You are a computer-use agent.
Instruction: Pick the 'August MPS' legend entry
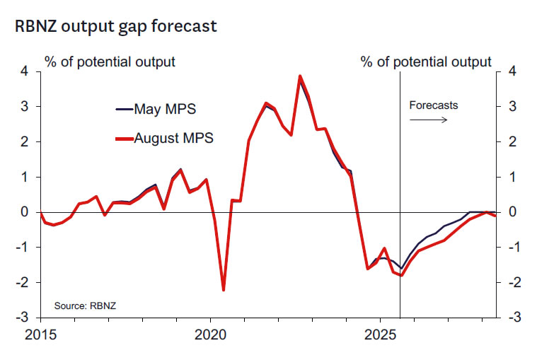175,138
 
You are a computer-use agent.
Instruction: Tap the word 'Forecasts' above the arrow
434,105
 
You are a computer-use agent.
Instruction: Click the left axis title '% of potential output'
110,62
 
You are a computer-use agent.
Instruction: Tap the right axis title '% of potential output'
426,62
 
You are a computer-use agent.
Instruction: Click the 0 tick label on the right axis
511,212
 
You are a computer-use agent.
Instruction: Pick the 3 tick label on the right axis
511,107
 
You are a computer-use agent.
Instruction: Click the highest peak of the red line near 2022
300,76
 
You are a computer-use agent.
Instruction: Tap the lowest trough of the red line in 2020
224,290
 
